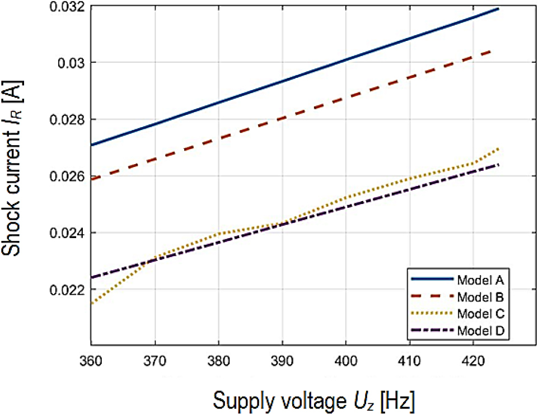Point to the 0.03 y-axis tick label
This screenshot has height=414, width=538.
[x=71, y=62]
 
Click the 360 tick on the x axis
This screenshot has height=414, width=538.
[x=91, y=357]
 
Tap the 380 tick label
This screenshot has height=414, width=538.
[x=218, y=357]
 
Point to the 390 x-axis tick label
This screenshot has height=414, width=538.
[x=282, y=357]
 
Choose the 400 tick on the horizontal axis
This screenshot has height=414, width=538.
[x=346, y=357]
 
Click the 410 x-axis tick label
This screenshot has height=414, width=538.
[x=410, y=357]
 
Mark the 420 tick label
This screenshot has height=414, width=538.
[x=474, y=357]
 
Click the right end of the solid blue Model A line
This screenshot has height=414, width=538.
[x=498, y=9]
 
